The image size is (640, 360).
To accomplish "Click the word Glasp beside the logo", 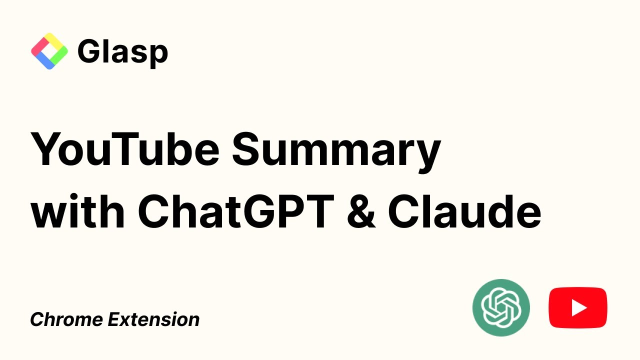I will (122, 51).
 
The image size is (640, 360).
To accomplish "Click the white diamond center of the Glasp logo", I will (49, 51).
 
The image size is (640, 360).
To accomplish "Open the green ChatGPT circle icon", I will (501, 307).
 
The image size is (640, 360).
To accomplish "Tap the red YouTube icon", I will (578, 307).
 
